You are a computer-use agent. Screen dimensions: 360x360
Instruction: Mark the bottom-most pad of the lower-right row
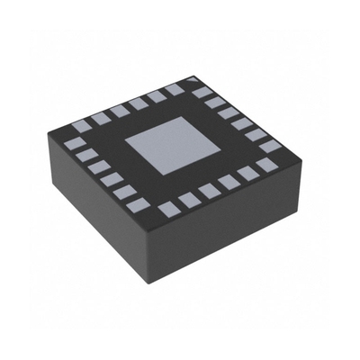[x=167, y=211]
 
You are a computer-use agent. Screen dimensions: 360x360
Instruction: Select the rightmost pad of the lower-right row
[x=266, y=165]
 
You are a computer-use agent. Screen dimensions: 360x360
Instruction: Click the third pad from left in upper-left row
[x=120, y=110]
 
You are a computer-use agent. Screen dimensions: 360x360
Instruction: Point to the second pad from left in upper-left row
[x=100, y=116]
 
